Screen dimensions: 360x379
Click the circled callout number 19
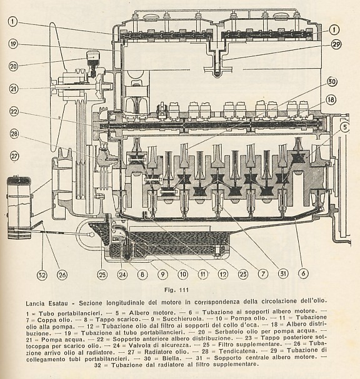(x=14, y=44)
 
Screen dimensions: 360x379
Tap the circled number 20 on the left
(x=14, y=66)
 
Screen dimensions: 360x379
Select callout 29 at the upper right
(x=336, y=44)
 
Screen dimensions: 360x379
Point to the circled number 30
(x=332, y=82)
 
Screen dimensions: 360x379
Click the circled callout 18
(x=331, y=99)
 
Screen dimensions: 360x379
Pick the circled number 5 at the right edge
(x=345, y=127)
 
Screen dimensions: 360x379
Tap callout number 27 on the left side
(x=14, y=156)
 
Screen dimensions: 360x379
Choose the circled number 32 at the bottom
(x=42, y=275)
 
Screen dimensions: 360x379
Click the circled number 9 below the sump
(x=162, y=274)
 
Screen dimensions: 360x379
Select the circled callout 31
(x=283, y=273)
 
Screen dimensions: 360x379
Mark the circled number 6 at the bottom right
(x=303, y=273)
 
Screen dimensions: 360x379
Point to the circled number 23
(x=242, y=274)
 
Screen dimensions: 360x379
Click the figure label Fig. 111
(x=176, y=290)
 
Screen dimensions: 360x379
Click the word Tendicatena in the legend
(x=237, y=351)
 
